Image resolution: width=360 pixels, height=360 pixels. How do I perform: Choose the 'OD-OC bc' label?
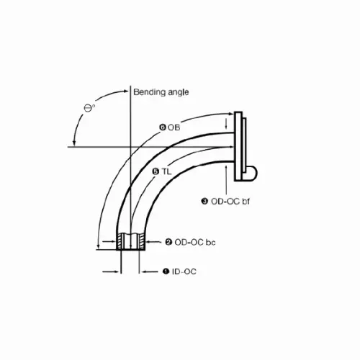[194, 242]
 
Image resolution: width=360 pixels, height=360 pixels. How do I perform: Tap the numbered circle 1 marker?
[166, 271]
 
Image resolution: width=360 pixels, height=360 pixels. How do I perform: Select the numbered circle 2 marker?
[168, 242]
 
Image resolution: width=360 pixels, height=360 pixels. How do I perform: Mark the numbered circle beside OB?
[163, 127]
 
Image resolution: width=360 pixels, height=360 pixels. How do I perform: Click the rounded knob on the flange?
[251, 170]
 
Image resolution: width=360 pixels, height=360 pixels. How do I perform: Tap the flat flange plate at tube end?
[241, 144]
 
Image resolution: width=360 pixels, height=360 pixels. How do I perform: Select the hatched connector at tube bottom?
[131, 240]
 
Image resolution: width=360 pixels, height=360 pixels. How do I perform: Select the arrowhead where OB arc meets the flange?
[229, 115]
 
